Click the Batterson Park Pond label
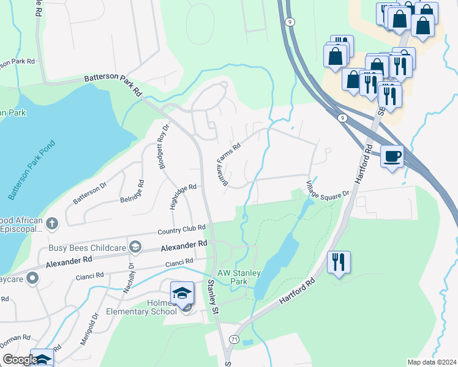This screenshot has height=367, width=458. pyautogui.click(x=32, y=171)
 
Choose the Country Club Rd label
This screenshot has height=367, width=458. pyautogui.click(x=181, y=229)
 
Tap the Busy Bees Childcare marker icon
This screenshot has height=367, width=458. pyautogui.click(x=135, y=247)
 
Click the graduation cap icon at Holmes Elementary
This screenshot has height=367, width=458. pyautogui.click(x=182, y=292)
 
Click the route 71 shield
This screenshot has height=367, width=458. pyautogui.click(x=234, y=338)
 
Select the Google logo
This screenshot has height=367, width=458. pyautogui.click(x=20, y=360)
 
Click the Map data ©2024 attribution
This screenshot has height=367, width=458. pyautogui.click(x=431, y=362)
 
